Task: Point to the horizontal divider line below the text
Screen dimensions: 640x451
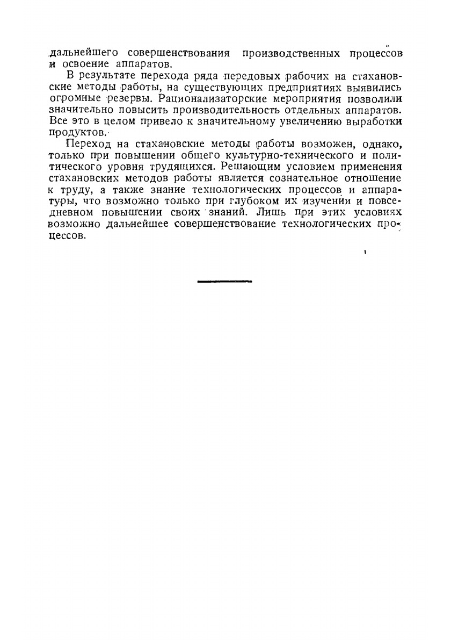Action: click(225, 281)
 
